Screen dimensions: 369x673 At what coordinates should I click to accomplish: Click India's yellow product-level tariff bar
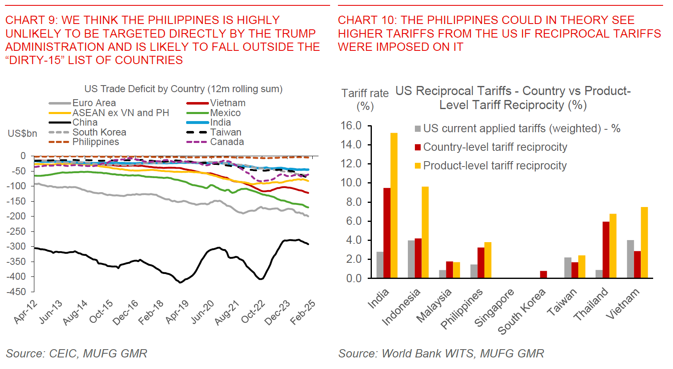tap(394, 205)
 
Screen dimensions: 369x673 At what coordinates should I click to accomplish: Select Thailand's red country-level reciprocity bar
tap(606, 250)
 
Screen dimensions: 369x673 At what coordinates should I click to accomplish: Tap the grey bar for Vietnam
tap(630, 259)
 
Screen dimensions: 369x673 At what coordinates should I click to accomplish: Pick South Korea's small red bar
tap(544, 274)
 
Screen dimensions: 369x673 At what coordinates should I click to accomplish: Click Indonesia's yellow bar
tap(425, 232)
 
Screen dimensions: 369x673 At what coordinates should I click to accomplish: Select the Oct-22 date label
tap(253, 312)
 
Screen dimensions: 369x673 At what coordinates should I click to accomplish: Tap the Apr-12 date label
tap(25, 312)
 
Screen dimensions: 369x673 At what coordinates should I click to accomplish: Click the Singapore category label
tap(494, 307)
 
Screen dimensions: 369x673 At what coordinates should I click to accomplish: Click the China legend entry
tap(85, 122)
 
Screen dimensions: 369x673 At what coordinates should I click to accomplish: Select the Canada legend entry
tap(227, 142)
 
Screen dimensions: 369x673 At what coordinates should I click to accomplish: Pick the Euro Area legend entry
tap(94, 103)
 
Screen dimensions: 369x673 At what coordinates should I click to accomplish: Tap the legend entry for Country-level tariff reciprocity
tap(495, 147)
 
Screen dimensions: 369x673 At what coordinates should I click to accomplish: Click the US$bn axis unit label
tap(22, 133)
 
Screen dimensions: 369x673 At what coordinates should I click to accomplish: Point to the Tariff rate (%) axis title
tap(365, 100)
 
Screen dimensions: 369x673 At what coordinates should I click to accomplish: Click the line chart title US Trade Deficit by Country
tap(183, 89)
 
